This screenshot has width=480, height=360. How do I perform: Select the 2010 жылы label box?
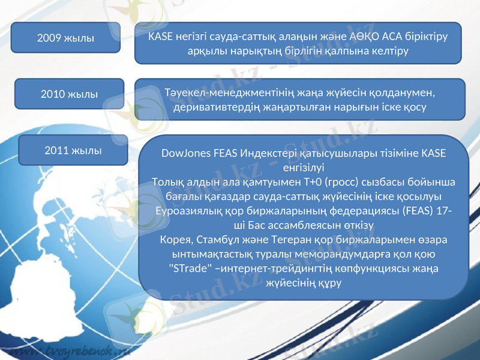(x=70, y=94)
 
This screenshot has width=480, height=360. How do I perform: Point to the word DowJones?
(x=185, y=153)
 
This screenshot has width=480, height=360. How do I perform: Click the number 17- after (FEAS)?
(x=445, y=211)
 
